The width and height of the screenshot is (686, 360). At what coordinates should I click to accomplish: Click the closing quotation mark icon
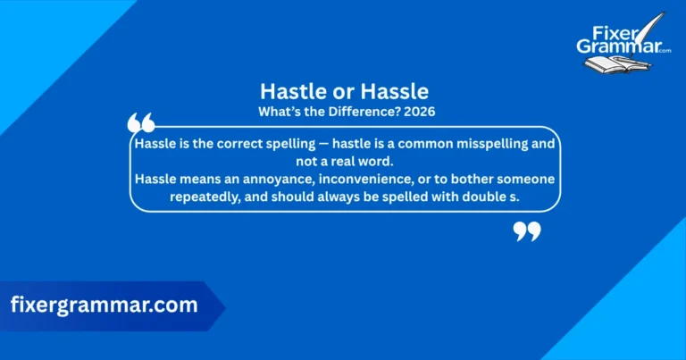pos(527,232)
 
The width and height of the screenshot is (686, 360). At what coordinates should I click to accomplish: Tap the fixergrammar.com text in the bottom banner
pos(104,305)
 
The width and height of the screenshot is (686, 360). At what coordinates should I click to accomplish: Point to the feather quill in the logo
pos(657,25)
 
